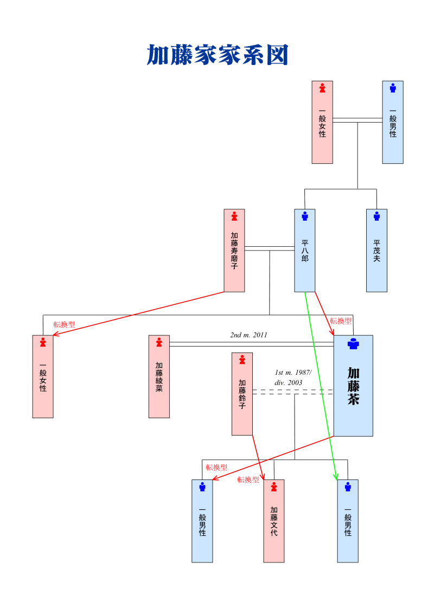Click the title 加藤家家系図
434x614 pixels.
coord(217,55)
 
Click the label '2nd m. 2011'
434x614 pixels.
coord(248,335)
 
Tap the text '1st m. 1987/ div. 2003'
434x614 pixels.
coord(292,378)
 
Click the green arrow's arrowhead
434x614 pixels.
coord(336,476)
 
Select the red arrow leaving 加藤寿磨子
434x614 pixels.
coord(136,314)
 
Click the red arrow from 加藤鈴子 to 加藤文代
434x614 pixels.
coord(258,457)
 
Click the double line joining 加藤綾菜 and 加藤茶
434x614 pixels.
coord(250,344)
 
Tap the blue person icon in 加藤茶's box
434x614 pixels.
coord(353,344)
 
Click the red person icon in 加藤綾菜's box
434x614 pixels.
coord(159,342)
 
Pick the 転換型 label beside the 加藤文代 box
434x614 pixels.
coord(248,479)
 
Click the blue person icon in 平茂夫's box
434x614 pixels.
coord(376,216)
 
